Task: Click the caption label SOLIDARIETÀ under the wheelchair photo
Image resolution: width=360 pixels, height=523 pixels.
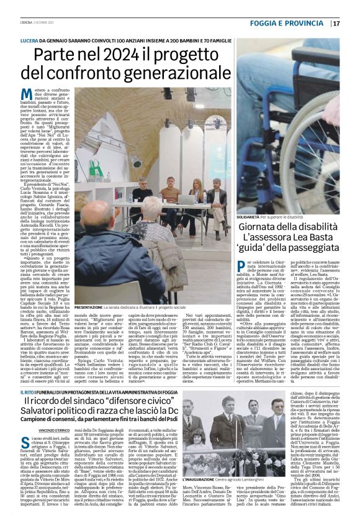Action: pyautogui.click(x=256, y=218)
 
